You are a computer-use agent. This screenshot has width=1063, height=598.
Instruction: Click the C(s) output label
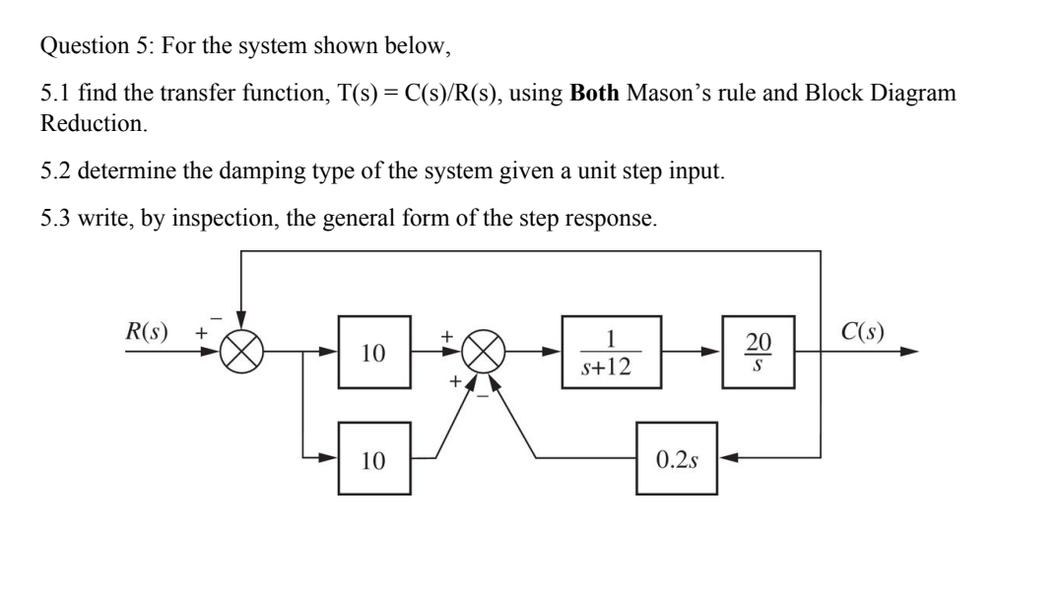[863, 330]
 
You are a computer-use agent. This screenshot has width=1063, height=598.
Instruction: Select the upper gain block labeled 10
[371, 353]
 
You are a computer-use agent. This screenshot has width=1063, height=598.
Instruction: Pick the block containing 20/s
[756, 353]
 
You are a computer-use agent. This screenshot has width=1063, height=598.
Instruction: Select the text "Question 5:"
[83, 45]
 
